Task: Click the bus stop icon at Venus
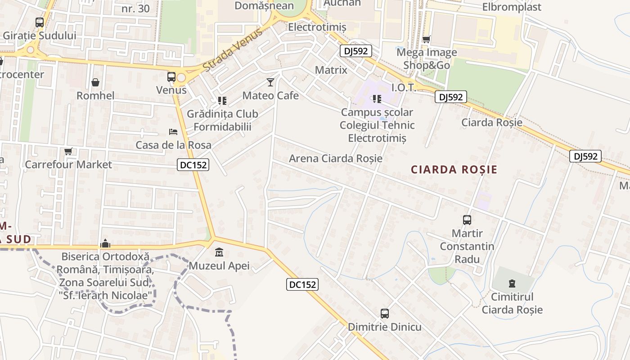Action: click(x=171, y=77)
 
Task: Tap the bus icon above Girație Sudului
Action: click(x=40, y=22)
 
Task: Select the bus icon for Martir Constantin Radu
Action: click(x=467, y=220)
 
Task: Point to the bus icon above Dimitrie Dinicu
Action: click(x=385, y=314)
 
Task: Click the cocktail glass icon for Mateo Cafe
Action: click(x=270, y=82)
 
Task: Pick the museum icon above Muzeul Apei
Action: click(x=219, y=252)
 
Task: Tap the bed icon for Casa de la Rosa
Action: click(x=173, y=132)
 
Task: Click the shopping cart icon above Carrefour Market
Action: click(x=68, y=151)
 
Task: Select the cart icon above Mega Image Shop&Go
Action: click(x=426, y=39)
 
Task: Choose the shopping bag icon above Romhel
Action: click(x=95, y=82)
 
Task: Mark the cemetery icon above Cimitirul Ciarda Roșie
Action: click(x=512, y=283)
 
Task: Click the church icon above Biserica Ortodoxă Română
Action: click(x=105, y=243)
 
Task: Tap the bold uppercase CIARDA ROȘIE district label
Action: click(x=454, y=170)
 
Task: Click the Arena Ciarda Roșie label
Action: click(x=336, y=158)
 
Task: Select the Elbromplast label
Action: click(x=512, y=7)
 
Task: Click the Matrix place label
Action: click(x=331, y=70)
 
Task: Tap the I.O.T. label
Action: click(x=403, y=87)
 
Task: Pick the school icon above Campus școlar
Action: click(x=377, y=99)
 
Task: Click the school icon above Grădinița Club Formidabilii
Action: click(x=222, y=100)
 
